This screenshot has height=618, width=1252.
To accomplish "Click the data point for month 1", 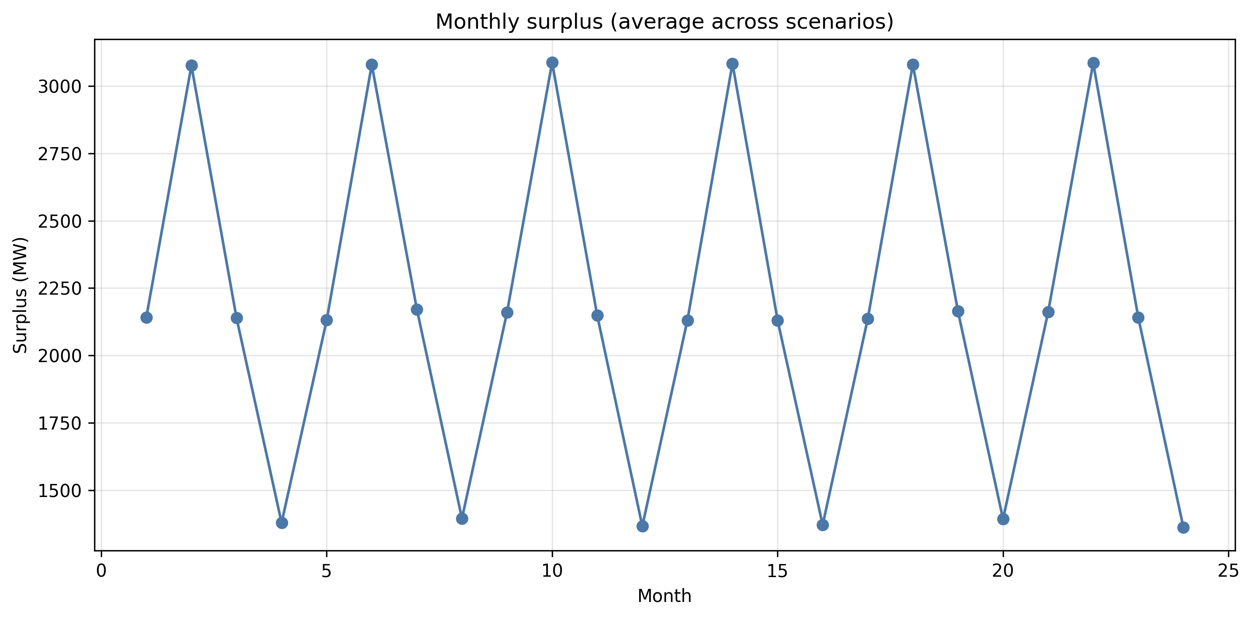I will pos(146,318).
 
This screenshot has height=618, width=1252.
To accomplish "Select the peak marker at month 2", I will pos(192,66).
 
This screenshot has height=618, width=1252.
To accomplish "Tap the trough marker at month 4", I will pos(282,523).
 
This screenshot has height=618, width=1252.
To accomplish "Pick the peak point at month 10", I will pos(552,63).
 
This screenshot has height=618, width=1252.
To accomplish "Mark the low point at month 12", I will pos(642,527).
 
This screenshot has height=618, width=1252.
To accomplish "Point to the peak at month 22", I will pos(1093,63).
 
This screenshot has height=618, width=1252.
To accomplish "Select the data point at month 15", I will pos(777,321).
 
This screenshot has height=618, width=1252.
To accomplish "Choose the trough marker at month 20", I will pos(1003,519).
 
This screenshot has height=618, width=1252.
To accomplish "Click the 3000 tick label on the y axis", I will pos(59,87).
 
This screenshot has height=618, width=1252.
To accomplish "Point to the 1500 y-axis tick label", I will pos(59,491).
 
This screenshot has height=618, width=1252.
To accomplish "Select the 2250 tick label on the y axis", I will pos(59,289).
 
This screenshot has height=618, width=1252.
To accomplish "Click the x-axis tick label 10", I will pos(552,571).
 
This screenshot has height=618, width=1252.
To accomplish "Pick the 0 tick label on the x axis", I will pos(101,571).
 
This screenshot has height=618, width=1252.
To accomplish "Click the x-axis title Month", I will pos(664,596).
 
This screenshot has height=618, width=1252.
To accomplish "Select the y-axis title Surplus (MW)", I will pos(20,296).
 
